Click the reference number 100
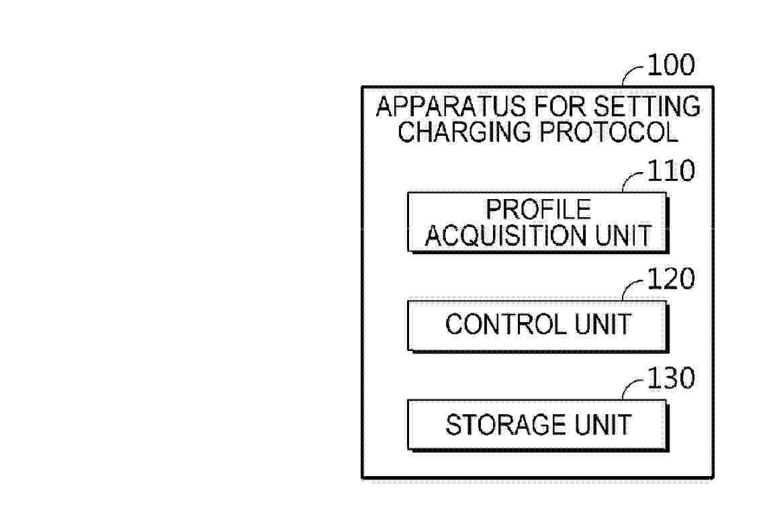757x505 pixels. tap(671, 65)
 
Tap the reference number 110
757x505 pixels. tap(671, 171)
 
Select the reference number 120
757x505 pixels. tap(671, 279)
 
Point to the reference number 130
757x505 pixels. tap(671, 378)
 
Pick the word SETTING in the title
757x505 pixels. tap(647, 106)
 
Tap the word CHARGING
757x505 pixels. tap(464, 131)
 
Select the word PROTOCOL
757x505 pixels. tap(609, 131)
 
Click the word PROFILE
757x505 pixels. tap(538, 209)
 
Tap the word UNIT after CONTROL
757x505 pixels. tap(603, 324)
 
